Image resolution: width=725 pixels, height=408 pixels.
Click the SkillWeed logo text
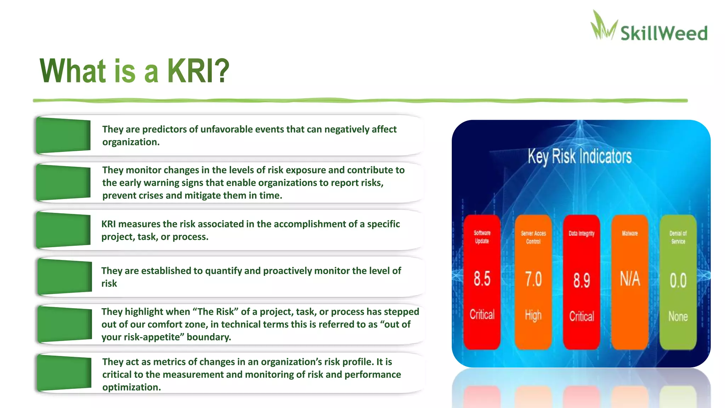click(x=664, y=33)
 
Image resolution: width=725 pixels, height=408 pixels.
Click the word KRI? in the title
click(x=198, y=71)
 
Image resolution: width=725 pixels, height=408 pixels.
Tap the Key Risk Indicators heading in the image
click(x=580, y=157)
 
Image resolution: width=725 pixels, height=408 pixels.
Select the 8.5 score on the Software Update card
click(x=482, y=279)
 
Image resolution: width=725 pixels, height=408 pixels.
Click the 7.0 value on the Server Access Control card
click(x=533, y=279)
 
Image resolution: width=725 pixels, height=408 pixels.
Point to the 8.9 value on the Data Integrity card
click(x=582, y=280)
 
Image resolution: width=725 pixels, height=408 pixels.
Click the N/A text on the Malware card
click(x=630, y=279)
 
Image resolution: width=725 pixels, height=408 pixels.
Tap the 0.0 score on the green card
click(x=678, y=280)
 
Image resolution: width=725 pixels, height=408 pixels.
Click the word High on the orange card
click(x=533, y=315)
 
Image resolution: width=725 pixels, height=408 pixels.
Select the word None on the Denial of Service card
click(x=678, y=316)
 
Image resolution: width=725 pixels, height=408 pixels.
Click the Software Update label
click(x=482, y=237)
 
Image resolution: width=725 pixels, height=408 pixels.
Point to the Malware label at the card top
click(x=630, y=233)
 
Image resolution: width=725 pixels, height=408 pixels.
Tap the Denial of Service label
click(x=678, y=237)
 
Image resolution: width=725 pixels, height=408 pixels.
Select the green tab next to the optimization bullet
click(x=64, y=373)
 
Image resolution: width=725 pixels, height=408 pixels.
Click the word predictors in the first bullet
click(x=164, y=129)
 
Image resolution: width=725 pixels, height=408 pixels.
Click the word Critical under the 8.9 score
click(x=582, y=316)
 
